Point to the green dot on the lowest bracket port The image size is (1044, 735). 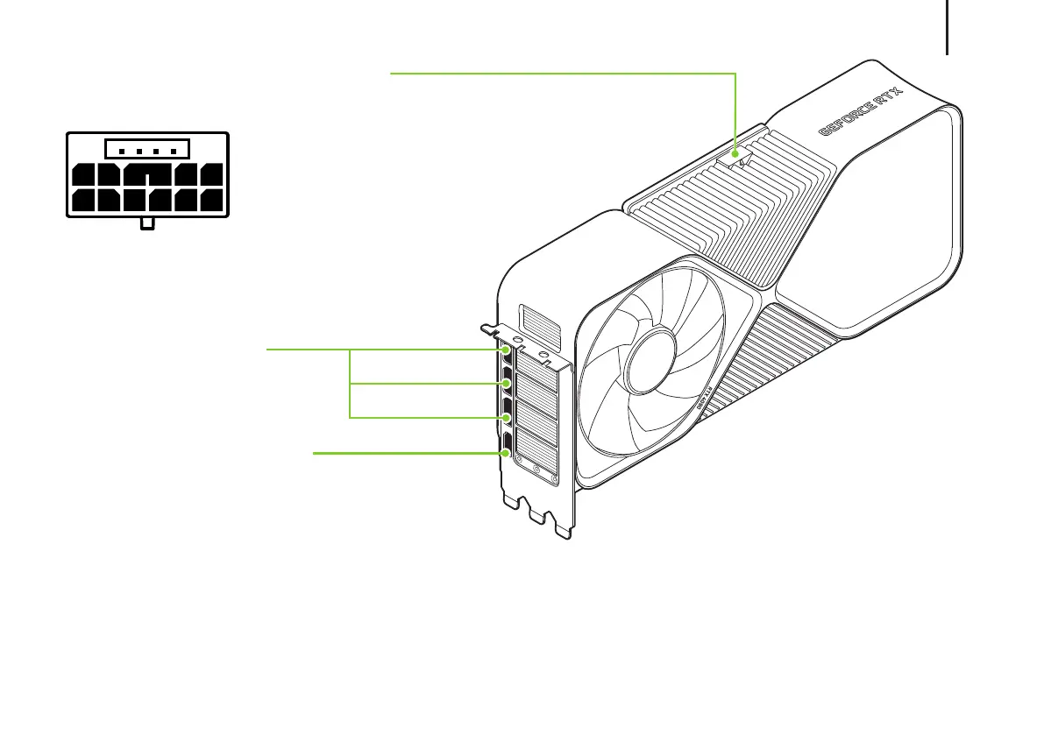click(507, 453)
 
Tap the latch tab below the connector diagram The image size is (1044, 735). click(148, 224)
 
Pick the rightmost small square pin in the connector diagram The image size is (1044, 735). click(174, 151)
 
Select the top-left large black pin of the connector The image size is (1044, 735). click(83, 175)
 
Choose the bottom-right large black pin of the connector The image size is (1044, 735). click(210, 202)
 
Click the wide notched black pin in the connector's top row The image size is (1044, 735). click(148, 175)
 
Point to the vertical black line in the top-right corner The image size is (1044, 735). click(948, 26)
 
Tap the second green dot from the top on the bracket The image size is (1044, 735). click(508, 384)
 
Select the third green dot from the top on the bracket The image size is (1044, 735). click(508, 418)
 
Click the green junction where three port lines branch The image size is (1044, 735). click(351, 384)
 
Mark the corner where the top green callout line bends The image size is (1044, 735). click(735, 74)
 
